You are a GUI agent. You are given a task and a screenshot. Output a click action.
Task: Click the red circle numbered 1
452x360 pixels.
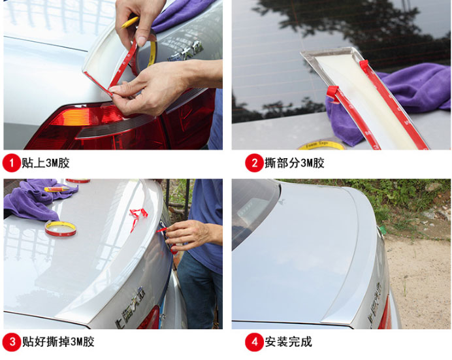pos(12,163)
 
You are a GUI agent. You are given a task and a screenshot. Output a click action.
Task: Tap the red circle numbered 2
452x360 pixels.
pos(254,163)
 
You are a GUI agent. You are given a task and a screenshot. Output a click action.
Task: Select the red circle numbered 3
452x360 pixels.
pos(12,342)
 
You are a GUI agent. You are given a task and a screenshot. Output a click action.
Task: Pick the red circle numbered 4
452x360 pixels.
pos(254,342)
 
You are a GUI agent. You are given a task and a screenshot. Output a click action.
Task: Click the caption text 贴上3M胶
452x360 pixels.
pos(46,163)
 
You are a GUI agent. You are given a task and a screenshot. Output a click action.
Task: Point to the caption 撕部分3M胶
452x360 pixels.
pos(295,163)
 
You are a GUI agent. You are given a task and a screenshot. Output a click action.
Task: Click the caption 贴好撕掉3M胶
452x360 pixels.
pos(58,342)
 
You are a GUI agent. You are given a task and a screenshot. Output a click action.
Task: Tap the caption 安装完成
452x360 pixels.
pos(288,342)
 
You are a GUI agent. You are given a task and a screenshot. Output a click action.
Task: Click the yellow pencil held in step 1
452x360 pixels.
pos(130,22)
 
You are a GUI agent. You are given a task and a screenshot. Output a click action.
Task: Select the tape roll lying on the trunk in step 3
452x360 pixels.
pos(61,229)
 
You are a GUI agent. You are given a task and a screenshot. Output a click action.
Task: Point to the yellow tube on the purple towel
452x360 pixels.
pos(57,189)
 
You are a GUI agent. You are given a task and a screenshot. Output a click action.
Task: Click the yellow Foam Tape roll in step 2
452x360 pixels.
pos(321,145)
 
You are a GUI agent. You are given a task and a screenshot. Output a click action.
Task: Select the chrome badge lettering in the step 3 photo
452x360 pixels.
pos(130,307)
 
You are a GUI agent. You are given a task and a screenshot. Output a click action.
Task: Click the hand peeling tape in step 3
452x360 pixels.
pos(190,234)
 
